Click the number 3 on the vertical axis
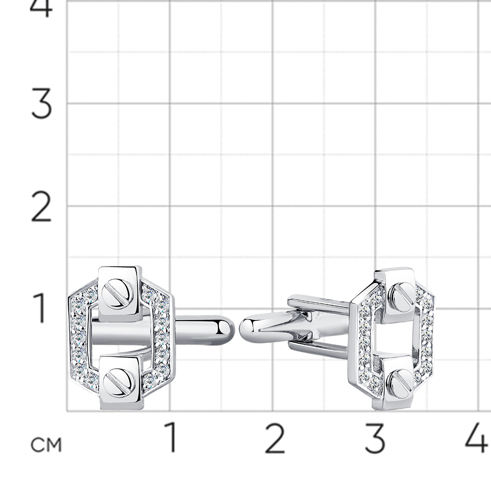click(x=42, y=104)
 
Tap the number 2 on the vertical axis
click(x=41, y=207)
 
